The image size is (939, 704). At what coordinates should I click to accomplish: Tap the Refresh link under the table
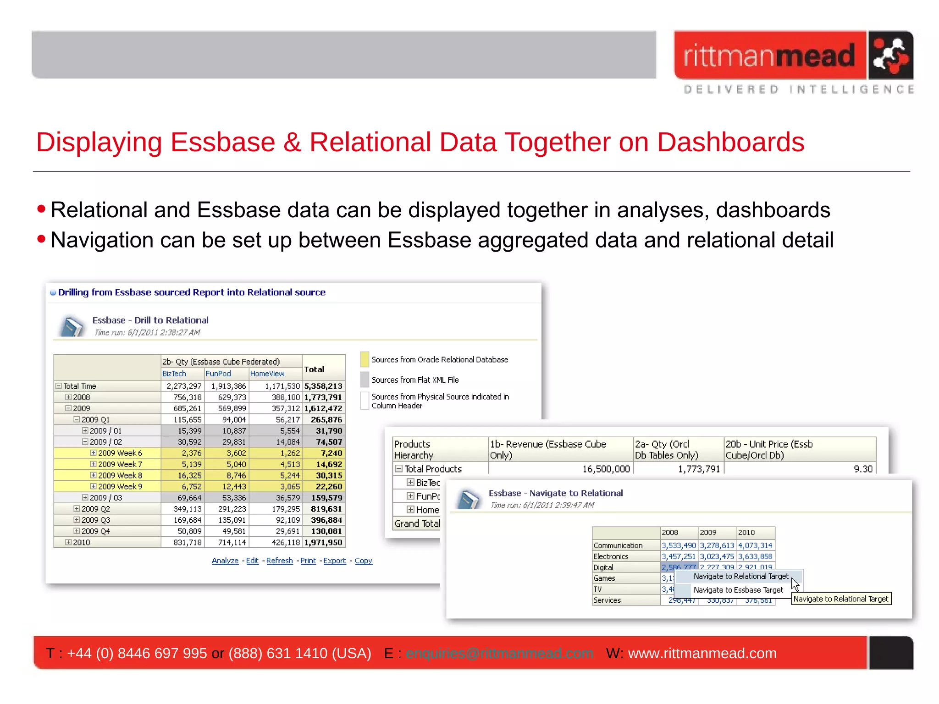279,561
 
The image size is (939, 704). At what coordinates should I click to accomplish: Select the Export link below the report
334,561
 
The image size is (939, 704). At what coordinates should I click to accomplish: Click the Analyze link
225,561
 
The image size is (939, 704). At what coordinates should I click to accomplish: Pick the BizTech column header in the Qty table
174,374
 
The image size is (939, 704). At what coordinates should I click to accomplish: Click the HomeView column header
267,374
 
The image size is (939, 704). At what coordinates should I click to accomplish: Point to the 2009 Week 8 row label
120,475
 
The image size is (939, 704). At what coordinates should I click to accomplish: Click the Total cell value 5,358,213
323,386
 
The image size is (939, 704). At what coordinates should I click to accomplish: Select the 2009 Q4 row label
95,531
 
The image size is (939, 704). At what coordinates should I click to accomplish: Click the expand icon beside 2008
68,397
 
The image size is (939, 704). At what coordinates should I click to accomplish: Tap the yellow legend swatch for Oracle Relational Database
365,359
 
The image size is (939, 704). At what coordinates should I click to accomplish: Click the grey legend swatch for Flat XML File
365,379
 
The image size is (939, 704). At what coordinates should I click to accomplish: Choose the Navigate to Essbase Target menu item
738,590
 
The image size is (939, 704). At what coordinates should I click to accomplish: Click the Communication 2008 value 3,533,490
679,545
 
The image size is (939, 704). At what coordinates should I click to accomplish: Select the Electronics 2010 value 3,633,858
755,556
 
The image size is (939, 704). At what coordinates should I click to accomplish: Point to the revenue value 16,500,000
606,469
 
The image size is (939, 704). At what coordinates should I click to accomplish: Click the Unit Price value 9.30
863,469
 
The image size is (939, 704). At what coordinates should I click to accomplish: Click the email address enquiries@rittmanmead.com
499,653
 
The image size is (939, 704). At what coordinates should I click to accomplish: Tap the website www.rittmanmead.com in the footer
702,653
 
